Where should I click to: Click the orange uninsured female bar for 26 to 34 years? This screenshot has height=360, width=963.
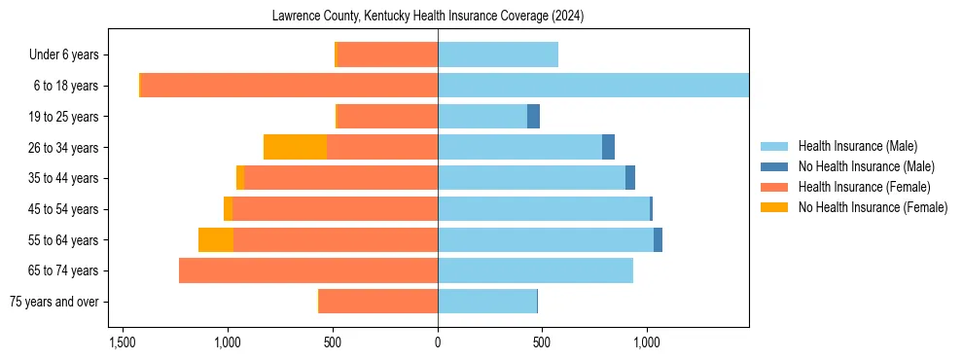pos(295,147)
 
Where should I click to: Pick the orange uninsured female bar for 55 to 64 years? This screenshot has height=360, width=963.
pos(216,239)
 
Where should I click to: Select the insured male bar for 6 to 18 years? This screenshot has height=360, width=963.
pos(592,86)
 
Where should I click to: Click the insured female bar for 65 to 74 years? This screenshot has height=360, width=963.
pos(308,270)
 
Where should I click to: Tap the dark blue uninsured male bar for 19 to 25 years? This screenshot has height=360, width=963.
pos(533,117)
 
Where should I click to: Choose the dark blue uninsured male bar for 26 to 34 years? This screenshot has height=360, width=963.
pos(608,147)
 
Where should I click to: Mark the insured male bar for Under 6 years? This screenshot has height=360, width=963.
pos(498,55)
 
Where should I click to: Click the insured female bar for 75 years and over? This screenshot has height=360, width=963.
pos(378,302)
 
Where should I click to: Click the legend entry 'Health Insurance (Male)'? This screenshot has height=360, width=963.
pos(857,147)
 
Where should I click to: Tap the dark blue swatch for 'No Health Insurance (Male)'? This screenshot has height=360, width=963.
pos(774,167)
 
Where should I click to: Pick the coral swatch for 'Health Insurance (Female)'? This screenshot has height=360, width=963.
pos(774,187)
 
